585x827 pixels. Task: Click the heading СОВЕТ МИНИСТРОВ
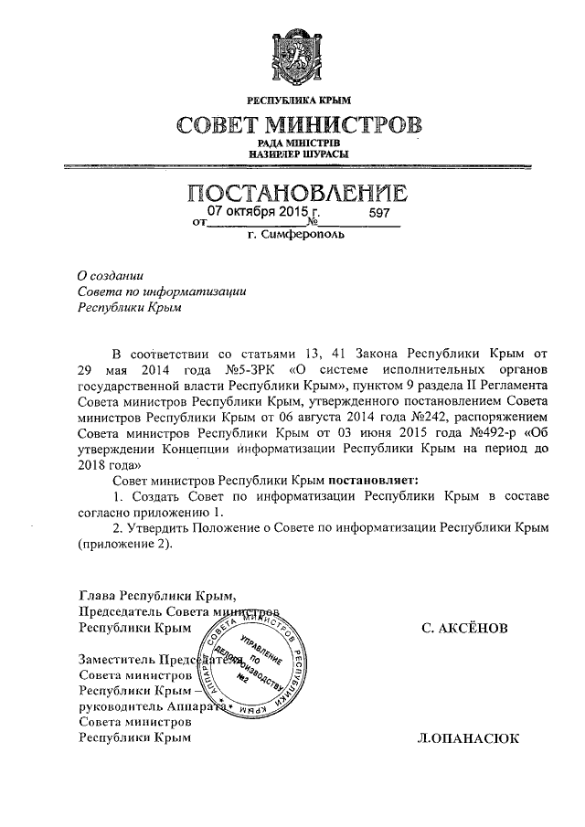point(299,123)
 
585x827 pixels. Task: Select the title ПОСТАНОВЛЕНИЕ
point(297,194)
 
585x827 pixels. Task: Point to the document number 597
point(380,213)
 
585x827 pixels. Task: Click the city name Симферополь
point(303,234)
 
